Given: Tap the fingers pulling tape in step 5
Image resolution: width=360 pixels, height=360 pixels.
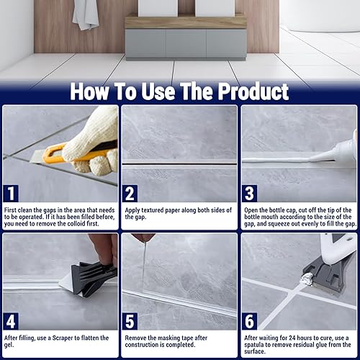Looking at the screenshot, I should (143, 237).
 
